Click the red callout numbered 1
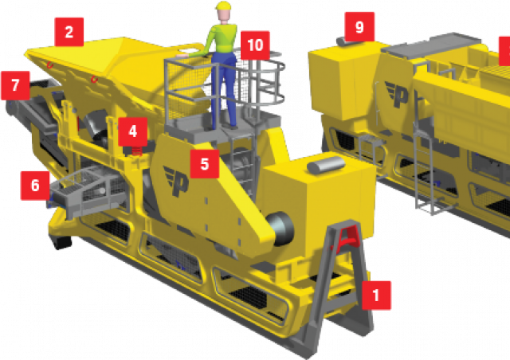pos(376,295)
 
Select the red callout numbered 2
pos(69,32)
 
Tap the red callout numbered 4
pos(133,131)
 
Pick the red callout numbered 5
pos(205,163)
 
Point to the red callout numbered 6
pos(35,186)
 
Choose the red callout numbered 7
pos(15,85)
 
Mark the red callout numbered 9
pos(359,26)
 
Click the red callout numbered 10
pos(255,45)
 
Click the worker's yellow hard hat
pos(223,6)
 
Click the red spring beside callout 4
pos(137,151)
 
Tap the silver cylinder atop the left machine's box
pos(326,165)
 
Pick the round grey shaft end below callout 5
pos(280,229)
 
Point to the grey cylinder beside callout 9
pos(341,41)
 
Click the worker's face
pos(223,15)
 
